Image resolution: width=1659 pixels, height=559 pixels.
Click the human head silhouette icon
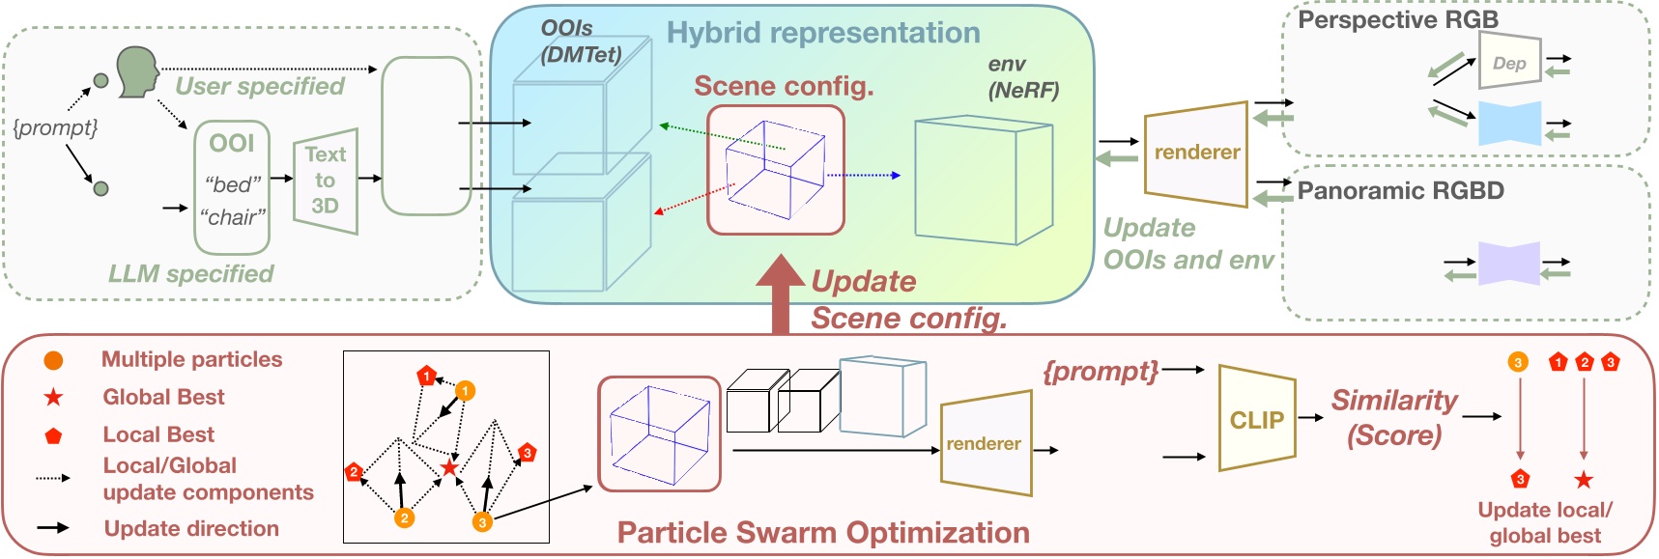coord(138,73)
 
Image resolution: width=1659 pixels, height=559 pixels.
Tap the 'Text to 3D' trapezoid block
coord(326,181)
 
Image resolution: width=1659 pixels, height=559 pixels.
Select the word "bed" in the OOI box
coord(233,183)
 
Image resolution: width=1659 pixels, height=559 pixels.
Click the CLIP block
coord(1256,419)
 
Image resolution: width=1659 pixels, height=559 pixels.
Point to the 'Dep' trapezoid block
coord(1509,63)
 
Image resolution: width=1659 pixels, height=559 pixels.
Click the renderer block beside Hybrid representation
coord(1196,153)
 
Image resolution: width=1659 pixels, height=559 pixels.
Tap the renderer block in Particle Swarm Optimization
coord(985,444)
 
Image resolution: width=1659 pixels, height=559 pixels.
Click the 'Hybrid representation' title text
coord(823,33)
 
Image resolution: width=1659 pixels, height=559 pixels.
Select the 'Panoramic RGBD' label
coord(1400,190)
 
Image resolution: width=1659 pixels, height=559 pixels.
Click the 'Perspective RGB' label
coord(1397,19)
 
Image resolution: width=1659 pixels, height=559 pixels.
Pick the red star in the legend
coord(54,397)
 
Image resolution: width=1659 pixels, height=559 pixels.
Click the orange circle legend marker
coord(54,360)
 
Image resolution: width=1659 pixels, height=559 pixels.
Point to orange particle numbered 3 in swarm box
coord(482,522)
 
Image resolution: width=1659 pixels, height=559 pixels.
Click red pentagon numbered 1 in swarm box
coord(426,376)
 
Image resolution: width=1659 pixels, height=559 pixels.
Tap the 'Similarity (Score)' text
coord(1394,417)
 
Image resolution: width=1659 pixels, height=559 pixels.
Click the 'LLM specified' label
coord(190,273)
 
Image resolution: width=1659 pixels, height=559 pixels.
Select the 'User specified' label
coord(260,86)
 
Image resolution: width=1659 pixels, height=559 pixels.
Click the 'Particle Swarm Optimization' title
coord(823,533)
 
